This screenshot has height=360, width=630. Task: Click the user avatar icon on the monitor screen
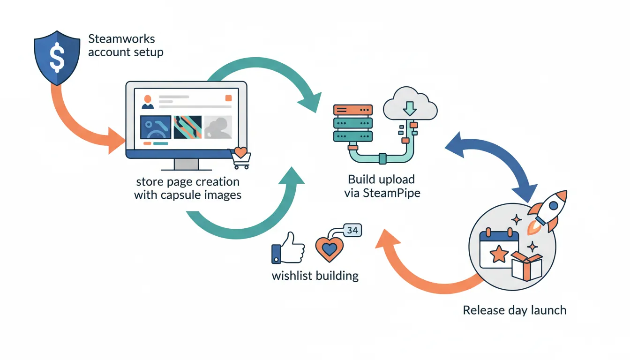click(148, 101)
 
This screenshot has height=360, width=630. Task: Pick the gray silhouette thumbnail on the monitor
click(218, 127)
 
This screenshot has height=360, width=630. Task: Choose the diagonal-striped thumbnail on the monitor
click(187, 127)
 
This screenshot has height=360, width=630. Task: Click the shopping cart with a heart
click(240, 158)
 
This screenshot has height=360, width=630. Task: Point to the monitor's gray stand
click(186, 165)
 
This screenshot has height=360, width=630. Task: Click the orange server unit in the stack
click(352, 110)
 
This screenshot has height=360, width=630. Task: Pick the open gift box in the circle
click(526, 266)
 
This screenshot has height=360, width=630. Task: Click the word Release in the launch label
click(483, 310)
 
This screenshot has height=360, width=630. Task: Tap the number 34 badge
click(353, 230)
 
